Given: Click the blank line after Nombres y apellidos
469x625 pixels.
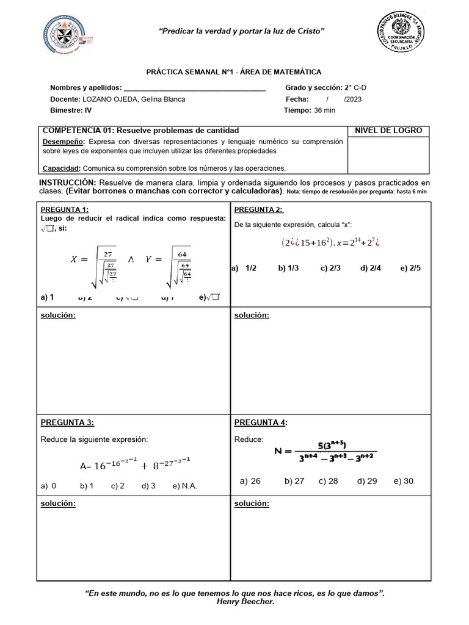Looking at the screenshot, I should click(194, 88).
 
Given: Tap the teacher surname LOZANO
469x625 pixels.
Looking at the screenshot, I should click(96, 99).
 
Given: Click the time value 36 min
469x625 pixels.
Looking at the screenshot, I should click(325, 110).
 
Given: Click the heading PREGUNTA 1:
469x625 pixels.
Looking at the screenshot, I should click(65, 210).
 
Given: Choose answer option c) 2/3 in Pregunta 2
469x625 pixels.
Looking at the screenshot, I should click(329, 268).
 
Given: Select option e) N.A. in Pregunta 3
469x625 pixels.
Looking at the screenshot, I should click(185, 486).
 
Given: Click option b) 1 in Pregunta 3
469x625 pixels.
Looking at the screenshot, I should click(86, 486).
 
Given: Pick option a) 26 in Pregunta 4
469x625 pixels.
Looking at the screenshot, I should click(250, 481).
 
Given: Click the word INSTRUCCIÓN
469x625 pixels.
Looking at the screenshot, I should click(67, 183).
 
